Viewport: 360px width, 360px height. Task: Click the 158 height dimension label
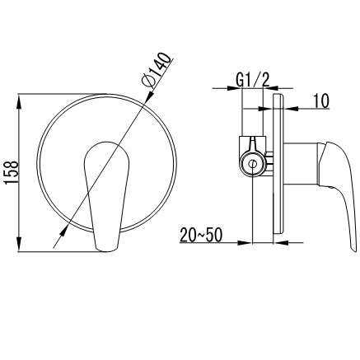click(12, 172)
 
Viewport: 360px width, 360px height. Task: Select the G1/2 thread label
click(253, 81)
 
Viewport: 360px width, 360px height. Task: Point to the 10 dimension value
click(320, 101)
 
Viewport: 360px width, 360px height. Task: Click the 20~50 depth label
click(201, 236)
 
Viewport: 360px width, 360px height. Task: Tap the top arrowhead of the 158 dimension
click(20, 102)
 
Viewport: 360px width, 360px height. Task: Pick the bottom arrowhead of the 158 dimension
click(20, 242)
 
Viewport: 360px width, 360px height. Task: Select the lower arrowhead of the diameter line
click(63, 232)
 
